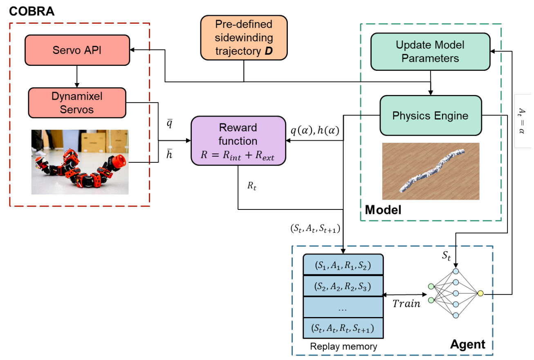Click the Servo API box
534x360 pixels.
[77, 50]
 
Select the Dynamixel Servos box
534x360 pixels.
[77, 102]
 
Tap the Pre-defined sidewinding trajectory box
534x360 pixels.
[244, 38]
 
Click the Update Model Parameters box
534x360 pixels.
[430, 51]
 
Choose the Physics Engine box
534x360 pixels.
[430, 115]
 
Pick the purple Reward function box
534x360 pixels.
[238, 140]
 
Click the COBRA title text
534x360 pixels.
[32, 11]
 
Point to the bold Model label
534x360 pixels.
[383, 210]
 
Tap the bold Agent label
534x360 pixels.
[468, 344]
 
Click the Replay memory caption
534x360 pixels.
[343, 346]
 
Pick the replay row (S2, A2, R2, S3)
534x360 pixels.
[343, 286]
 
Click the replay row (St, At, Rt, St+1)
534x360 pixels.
[343, 328]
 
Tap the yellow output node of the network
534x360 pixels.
[481, 293]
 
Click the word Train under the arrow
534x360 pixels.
[406, 304]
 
